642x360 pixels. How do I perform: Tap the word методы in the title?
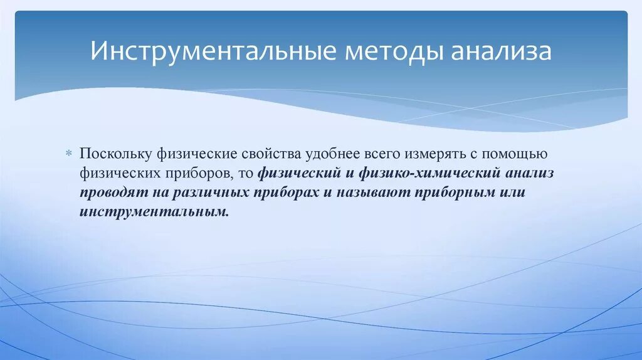(x=392, y=51)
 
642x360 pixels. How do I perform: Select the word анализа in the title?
(x=501, y=51)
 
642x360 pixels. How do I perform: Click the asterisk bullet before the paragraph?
(x=70, y=154)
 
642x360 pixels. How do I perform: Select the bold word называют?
(x=374, y=192)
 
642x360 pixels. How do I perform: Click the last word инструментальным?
(x=154, y=211)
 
